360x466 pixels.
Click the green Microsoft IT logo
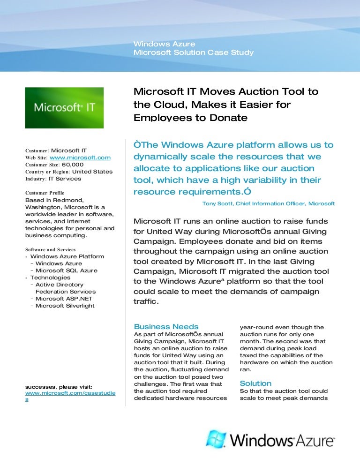pyautogui.click(x=64, y=107)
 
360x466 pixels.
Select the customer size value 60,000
pyautogui.click(x=73, y=165)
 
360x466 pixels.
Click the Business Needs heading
pyautogui.click(x=166, y=327)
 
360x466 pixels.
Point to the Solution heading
pyautogui.click(x=255, y=383)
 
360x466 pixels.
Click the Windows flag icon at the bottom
pyautogui.click(x=216, y=439)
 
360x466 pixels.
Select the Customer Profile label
pyautogui.click(x=45, y=193)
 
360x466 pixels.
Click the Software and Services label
pyautogui.click(x=50, y=249)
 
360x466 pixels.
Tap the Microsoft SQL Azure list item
pyautogui.click(x=66, y=271)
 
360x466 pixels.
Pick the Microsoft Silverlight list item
pyautogui.click(x=65, y=306)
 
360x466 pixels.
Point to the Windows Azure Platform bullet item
pyautogui.click(x=67, y=256)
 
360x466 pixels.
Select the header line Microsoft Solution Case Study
pyautogui.click(x=193, y=53)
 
